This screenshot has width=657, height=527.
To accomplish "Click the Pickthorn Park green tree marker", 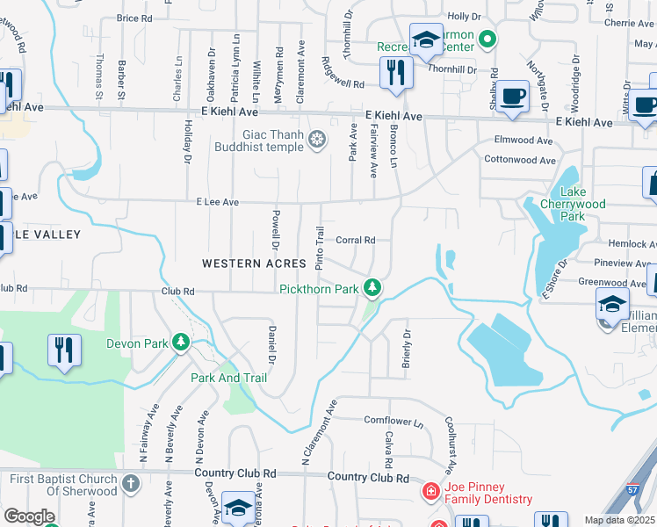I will point(373,288).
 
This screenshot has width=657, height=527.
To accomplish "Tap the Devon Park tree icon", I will point(181,343).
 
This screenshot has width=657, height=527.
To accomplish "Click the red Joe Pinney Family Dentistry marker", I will point(430,491).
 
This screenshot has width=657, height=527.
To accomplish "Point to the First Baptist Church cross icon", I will point(130,483).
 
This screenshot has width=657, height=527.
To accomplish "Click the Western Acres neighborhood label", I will point(254,263).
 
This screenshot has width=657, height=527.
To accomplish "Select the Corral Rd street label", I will point(356,240).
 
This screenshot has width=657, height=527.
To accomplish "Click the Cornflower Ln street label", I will point(393,422).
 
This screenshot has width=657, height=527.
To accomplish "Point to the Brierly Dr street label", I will point(407,346).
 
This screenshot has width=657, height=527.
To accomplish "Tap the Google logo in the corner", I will point(29,516).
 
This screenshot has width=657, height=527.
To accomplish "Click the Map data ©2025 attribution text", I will point(619,521).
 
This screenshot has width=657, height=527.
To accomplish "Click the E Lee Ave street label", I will point(219,202).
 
